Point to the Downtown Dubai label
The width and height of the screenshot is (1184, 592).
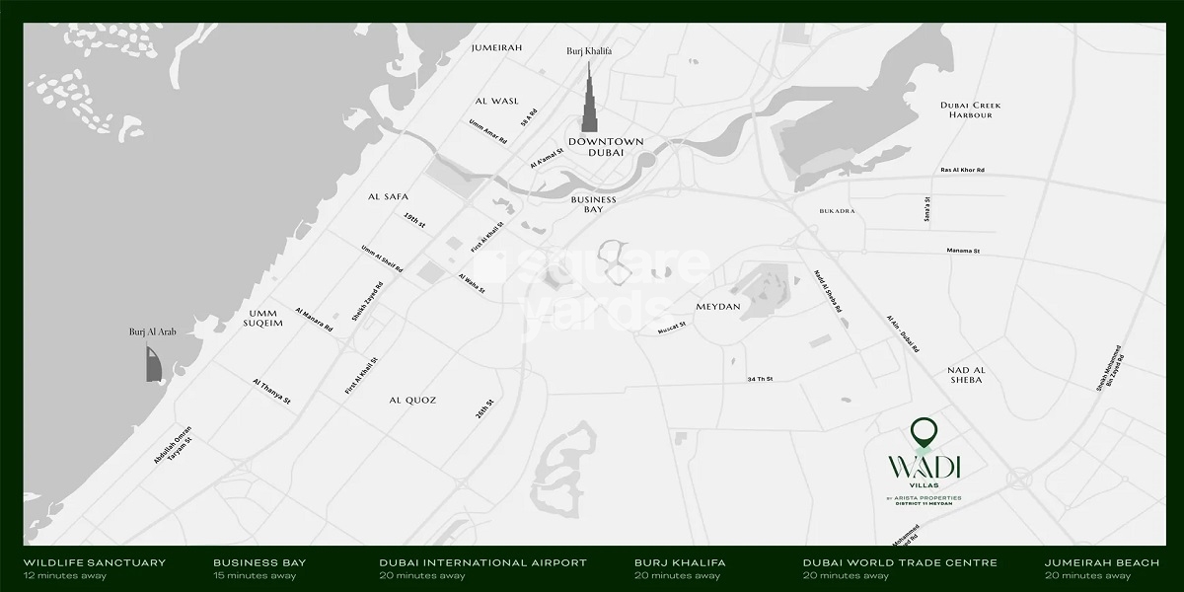(606, 148)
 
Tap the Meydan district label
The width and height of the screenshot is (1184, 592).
(717, 307)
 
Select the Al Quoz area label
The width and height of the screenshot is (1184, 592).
(412, 400)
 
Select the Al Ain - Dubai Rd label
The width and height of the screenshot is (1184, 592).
(902, 336)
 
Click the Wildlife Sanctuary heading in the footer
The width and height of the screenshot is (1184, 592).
(95, 562)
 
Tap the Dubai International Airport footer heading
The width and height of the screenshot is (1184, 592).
(482, 562)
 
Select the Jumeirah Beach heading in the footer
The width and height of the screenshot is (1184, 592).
(1102, 562)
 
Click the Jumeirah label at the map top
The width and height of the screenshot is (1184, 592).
(496, 47)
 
